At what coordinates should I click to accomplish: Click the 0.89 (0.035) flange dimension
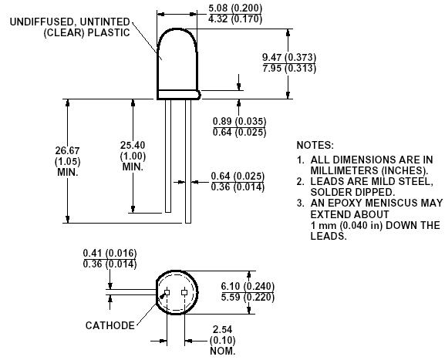(239, 121)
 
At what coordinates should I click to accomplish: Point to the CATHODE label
(110, 325)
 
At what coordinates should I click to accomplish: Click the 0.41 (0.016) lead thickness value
(108, 252)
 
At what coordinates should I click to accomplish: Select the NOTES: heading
(315, 145)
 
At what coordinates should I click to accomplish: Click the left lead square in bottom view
(165, 291)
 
